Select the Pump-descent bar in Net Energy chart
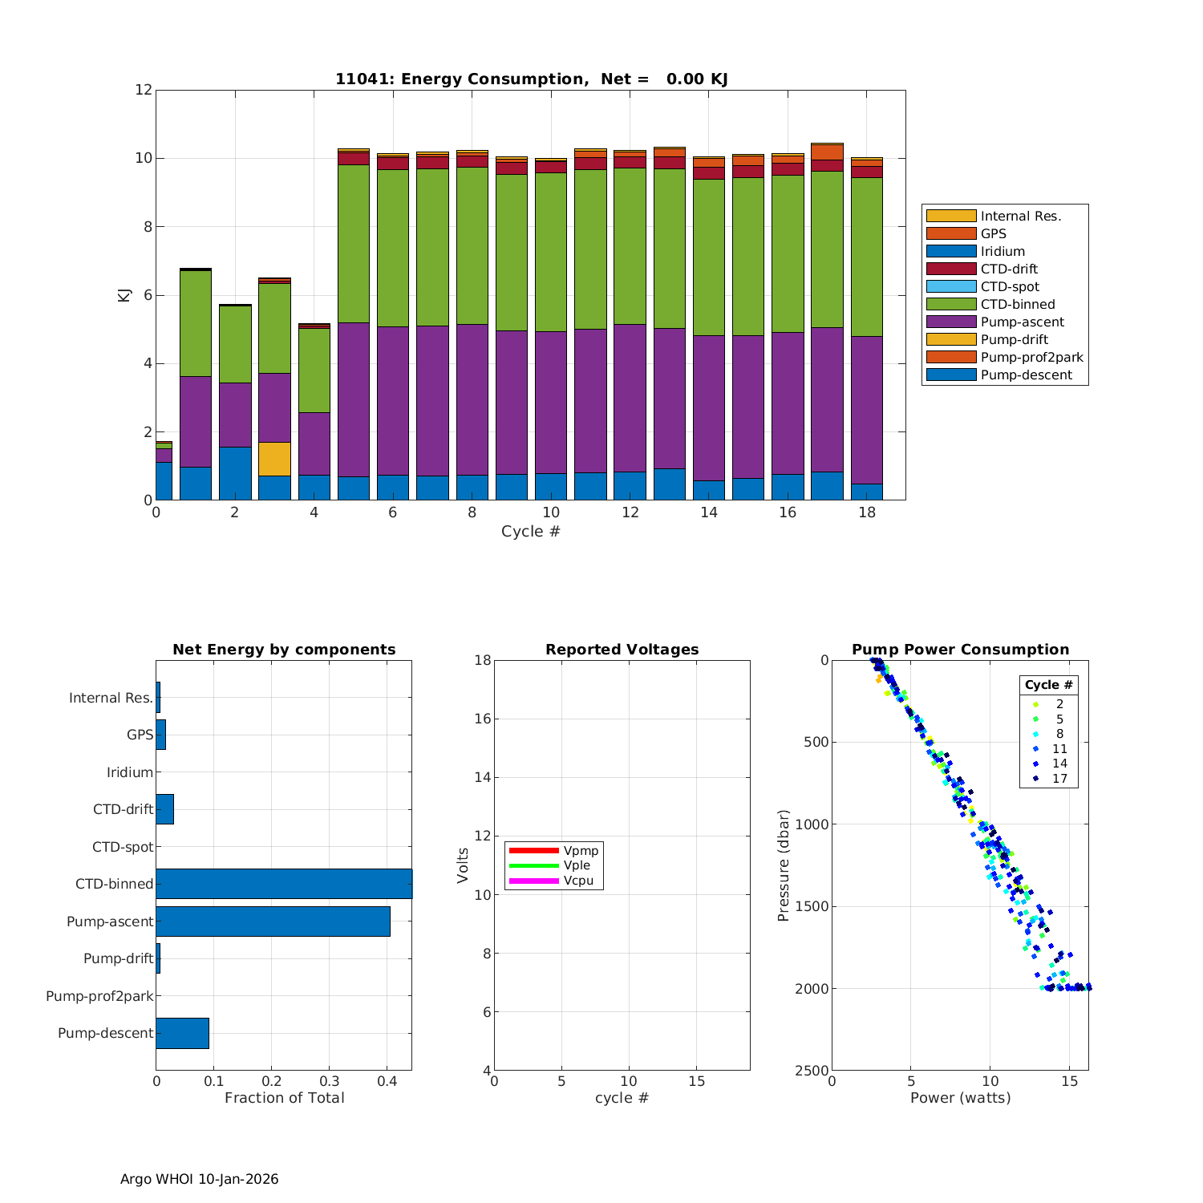182,1033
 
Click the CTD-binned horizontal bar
284,884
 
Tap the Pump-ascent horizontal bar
273,921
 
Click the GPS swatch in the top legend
951,233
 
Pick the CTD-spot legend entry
1009,286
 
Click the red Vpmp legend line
533,850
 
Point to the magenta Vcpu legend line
533,881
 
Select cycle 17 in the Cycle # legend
1059,779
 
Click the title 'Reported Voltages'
622,650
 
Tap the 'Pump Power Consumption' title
960,650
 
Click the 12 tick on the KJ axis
144,90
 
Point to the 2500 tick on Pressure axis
813,1070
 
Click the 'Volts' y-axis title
463,865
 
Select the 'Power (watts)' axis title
960,1098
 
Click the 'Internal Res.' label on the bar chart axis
111,698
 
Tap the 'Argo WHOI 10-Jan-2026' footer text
199,1179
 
